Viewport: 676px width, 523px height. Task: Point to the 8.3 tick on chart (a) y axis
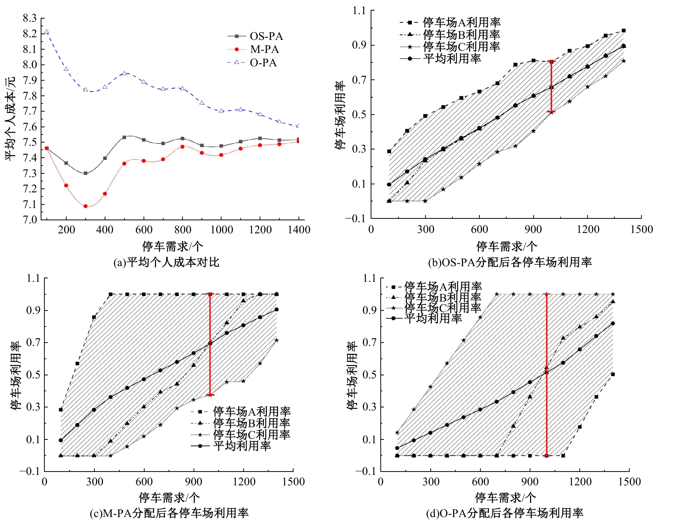pos(30,18)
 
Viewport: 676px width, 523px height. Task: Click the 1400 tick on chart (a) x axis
pos(299,230)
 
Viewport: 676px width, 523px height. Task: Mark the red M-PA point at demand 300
pos(85,206)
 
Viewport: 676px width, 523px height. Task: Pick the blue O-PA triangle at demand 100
pos(47,32)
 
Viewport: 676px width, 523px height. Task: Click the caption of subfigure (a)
pos(166,262)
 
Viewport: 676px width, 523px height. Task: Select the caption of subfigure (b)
pos(510,262)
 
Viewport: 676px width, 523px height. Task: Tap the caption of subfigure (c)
pos(169,513)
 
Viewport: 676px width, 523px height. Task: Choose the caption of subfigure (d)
pos(505,513)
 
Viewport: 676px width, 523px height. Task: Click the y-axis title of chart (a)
pos(10,119)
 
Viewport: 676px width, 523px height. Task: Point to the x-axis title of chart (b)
pos(507,246)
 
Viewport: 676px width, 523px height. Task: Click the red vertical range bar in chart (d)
pos(546,375)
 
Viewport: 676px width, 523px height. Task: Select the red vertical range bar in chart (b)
pos(551,86)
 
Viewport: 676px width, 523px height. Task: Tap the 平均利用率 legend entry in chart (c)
pos(242,446)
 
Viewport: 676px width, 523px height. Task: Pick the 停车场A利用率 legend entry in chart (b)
pos(461,23)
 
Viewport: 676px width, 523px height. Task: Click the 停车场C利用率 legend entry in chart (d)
pos(443,308)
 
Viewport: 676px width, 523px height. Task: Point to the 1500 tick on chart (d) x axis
pos(629,482)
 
